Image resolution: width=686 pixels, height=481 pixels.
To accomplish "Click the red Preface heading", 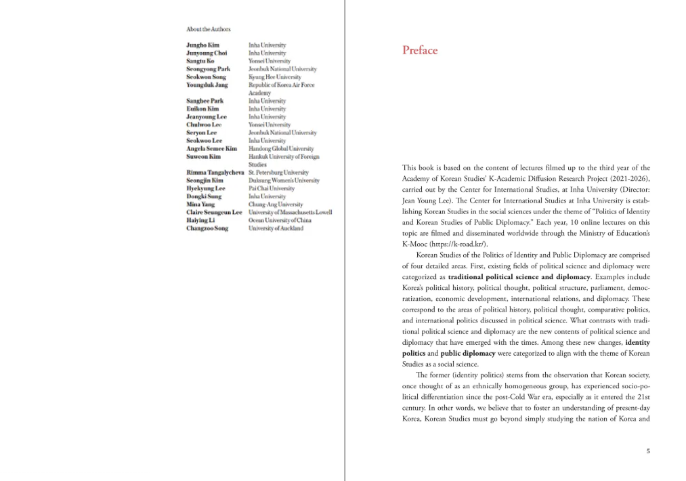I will pyautogui.click(x=420, y=50).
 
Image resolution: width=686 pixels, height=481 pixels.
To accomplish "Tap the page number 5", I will pyautogui.click(x=647, y=451).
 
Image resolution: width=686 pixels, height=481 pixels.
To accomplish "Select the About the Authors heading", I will pyautogui.click(x=208, y=29).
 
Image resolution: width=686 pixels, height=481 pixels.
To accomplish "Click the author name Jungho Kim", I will pyautogui.click(x=202, y=45).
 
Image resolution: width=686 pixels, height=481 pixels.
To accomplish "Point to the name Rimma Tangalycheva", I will pyautogui.click(x=215, y=173).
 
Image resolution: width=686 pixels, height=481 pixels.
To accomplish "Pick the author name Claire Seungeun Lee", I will pyautogui.click(x=214, y=213).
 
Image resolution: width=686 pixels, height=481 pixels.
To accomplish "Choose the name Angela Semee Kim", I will pyautogui.click(x=211, y=149).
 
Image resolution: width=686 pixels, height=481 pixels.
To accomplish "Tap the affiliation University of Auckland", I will pyautogui.click(x=276, y=228).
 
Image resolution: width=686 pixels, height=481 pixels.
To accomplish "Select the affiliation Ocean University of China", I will pyautogui.click(x=280, y=220).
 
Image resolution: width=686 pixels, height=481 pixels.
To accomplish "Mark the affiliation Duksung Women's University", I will pyautogui.click(x=284, y=181).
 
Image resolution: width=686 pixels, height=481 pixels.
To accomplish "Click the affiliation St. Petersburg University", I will pyautogui.click(x=278, y=173).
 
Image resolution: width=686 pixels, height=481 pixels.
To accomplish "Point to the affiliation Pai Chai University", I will pyautogui.click(x=272, y=188).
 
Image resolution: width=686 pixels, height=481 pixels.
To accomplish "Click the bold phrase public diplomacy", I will pyautogui.click(x=467, y=353).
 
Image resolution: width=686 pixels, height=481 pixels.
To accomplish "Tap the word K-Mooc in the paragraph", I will pyautogui.click(x=414, y=244).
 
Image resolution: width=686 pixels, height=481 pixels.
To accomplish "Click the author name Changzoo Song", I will pyautogui.click(x=207, y=228).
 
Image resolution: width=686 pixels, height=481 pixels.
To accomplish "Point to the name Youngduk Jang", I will pyautogui.click(x=207, y=85).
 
